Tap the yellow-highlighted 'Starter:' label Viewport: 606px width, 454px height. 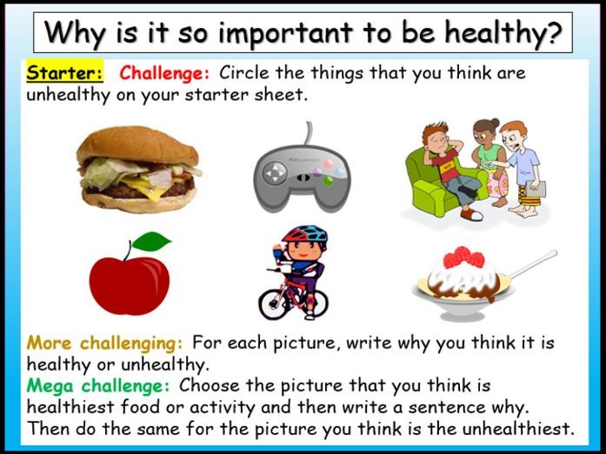click(x=65, y=73)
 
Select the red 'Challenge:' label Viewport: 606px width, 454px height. click(x=164, y=73)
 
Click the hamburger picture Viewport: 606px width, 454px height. click(x=139, y=170)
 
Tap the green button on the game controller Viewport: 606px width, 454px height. click(x=328, y=181)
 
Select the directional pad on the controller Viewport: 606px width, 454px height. click(x=275, y=172)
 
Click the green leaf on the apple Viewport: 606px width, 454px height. click(x=151, y=241)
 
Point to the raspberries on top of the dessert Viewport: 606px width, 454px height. click(x=463, y=257)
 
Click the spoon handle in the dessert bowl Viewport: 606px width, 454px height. click(x=533, y=264)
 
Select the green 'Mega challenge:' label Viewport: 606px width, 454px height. click(x=98, y=386)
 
